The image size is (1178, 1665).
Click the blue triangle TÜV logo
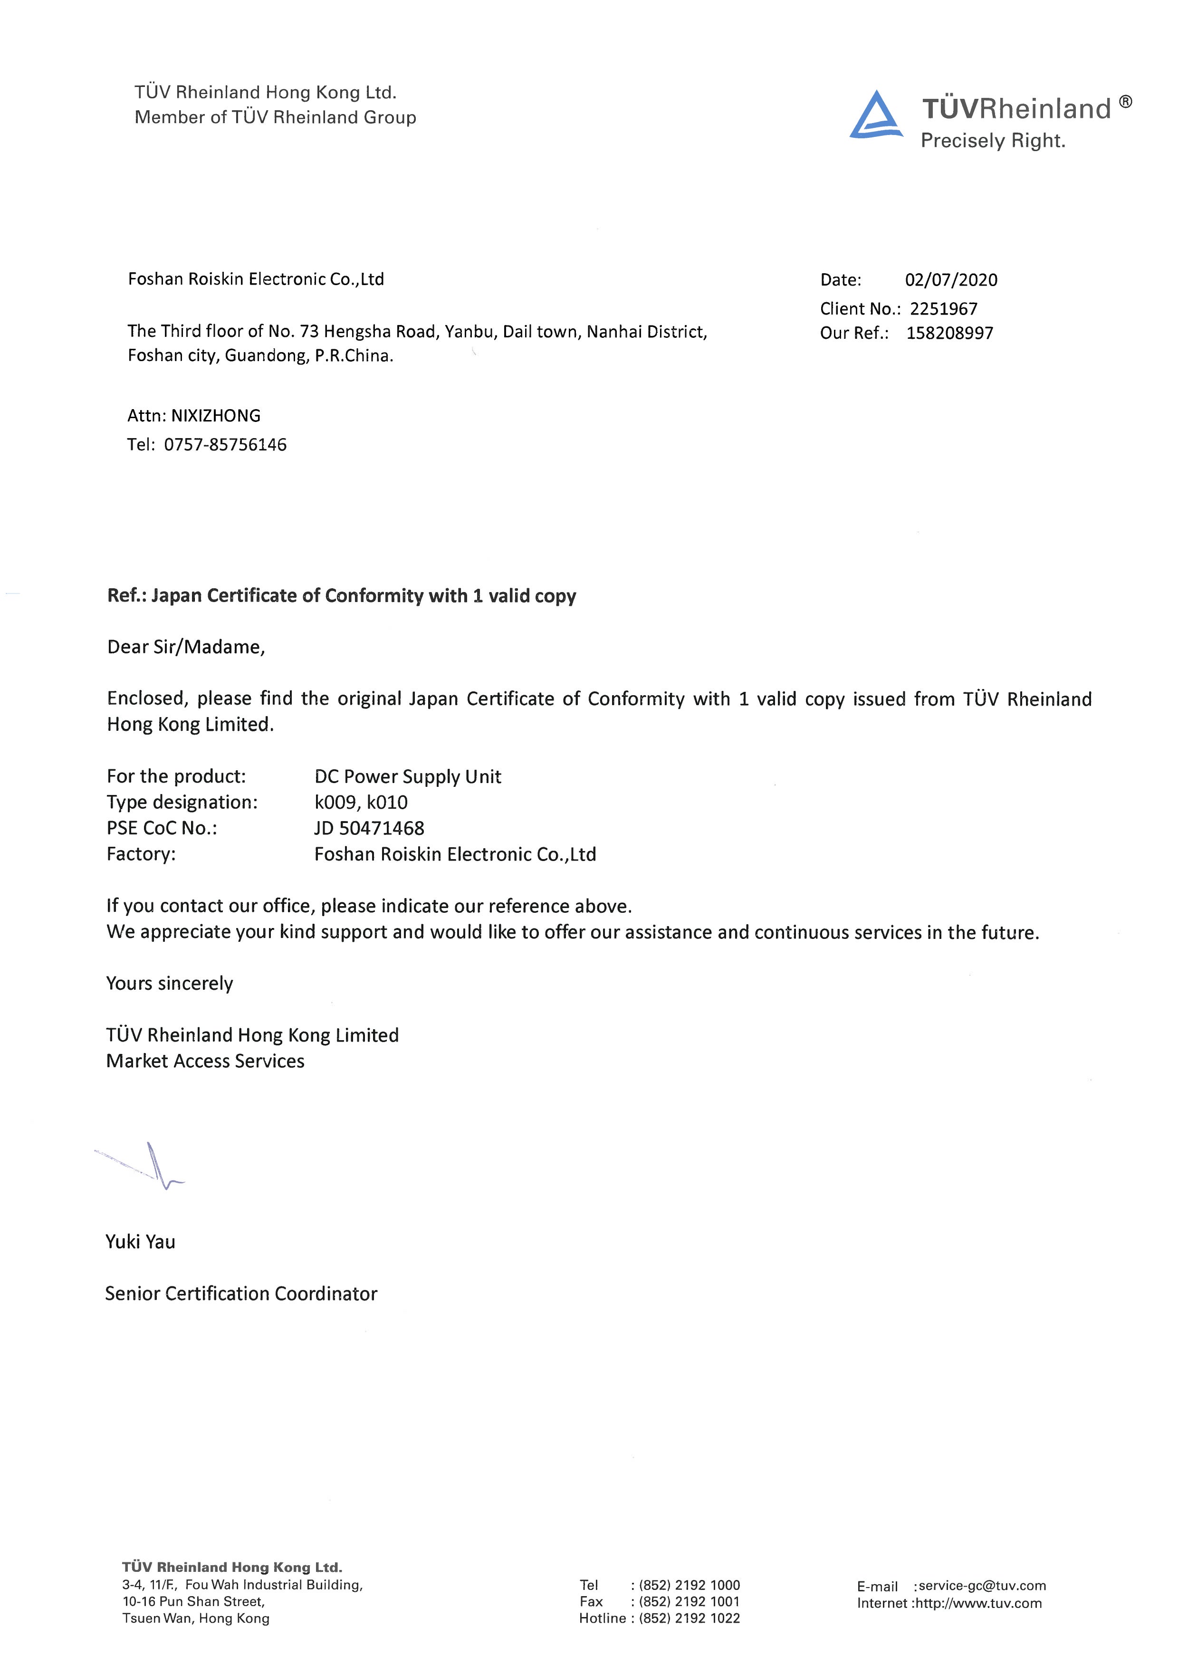coord(876,116)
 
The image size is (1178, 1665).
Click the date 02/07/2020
coord(950,280)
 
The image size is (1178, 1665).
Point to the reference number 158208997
coord(949,334)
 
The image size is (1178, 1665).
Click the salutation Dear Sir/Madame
coord(186,647)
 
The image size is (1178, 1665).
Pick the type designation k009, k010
coord(361,802)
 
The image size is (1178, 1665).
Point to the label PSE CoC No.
coord(161,828)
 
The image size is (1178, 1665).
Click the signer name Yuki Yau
coord(140,1242)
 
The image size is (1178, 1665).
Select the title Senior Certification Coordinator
coord(241,1294)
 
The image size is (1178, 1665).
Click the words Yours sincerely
coord(169,983)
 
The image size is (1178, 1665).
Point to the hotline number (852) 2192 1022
coord(689,1618)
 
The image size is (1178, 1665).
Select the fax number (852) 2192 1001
coord(689,1601)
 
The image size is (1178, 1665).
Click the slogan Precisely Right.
coord(992,141)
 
